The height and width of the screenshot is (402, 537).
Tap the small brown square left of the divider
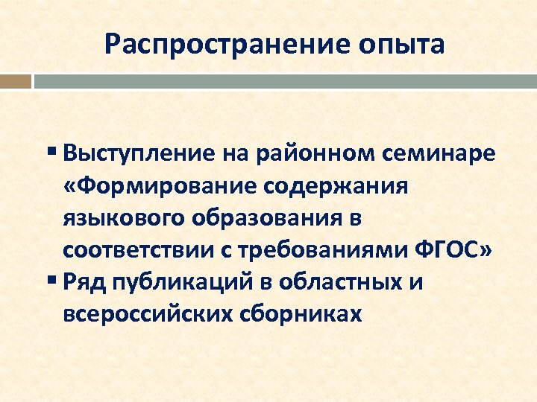point(16,81)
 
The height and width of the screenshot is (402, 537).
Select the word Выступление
point(142,155)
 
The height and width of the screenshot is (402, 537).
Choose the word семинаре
point(432,155)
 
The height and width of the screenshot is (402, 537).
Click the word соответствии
point(142,251)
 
